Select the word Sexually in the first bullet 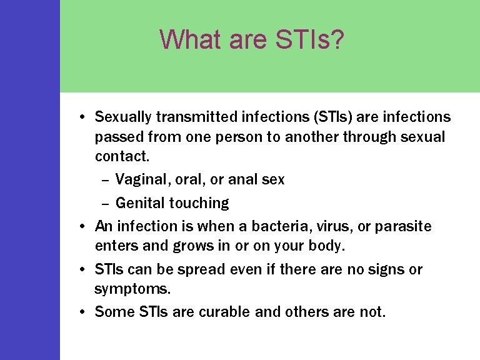[123, 117]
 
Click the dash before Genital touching [104, 203]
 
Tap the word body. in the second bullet [327, 246]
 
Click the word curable [224, 311]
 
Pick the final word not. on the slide [373, 311]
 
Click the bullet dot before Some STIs [82, 311]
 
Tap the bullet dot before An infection [82, 226]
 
